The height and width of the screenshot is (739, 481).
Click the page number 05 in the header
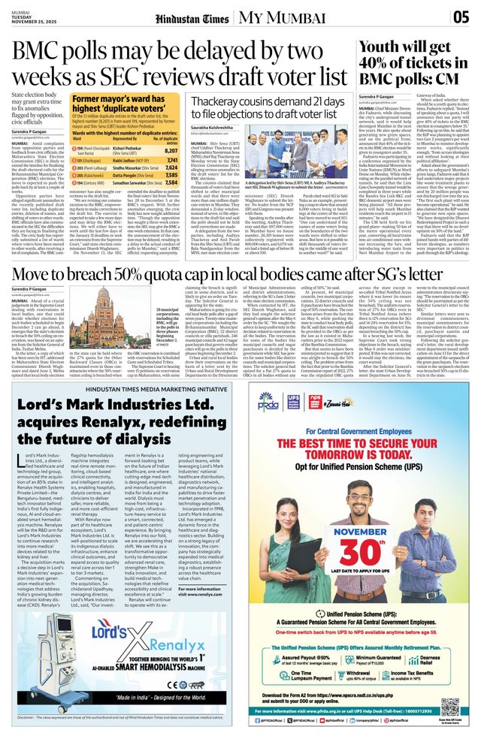pos(461,17)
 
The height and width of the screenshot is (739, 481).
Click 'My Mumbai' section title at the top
pos(274,16)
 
